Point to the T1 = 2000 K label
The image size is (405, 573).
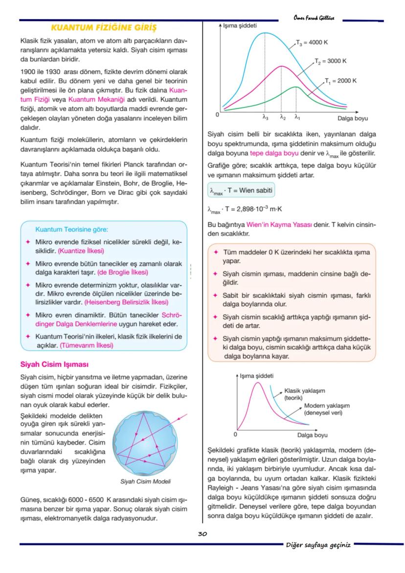pos(341,80)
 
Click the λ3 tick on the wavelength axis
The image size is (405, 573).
pos(265,117)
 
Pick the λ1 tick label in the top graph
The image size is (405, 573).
pos(297,117)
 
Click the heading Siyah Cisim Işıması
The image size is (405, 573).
pos(54,364)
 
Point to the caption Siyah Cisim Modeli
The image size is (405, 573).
pos(146,481)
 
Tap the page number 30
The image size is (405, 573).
pos(202,534)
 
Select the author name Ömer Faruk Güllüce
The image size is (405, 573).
pos(314,18)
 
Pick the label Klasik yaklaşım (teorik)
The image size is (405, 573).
pos(304,394)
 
